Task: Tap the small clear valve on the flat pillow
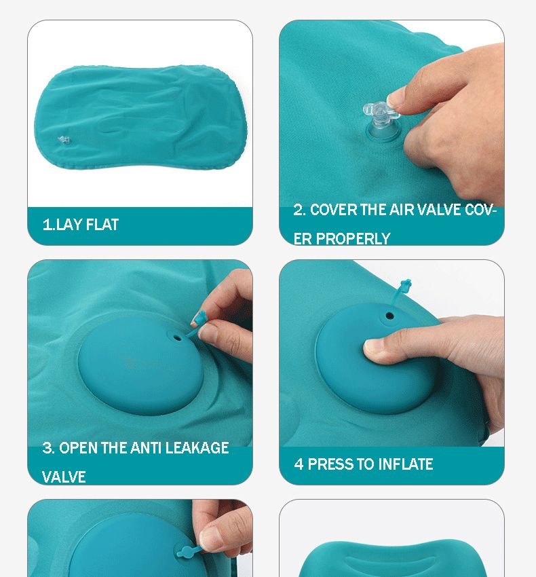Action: (x=64, y=140)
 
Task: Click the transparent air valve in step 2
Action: (x=381, y=121)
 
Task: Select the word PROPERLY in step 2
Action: (x=353, y=239)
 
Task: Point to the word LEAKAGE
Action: (x=197, y=448)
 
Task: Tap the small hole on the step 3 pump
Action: (x=177, y=337)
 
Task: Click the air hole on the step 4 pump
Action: (x=389, y=316)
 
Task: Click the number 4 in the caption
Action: (x=299, y=464)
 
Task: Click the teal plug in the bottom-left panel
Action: (x=189, y=552)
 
